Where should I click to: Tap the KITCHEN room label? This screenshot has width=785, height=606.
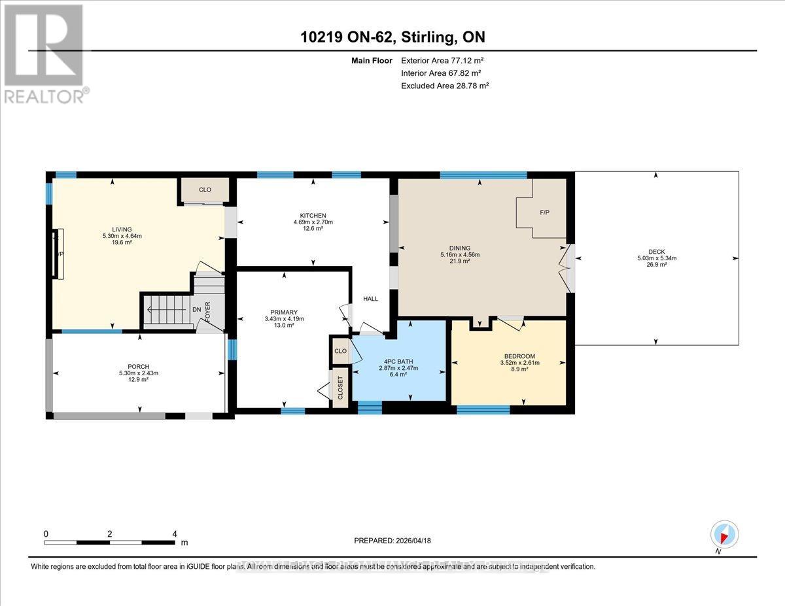click(x=313, y=215)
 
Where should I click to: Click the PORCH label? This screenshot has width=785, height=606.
click(x=139, y=366)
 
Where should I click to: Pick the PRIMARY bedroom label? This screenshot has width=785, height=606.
click(x=284, y=312)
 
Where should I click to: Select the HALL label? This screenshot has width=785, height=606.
click(x=371, y=299)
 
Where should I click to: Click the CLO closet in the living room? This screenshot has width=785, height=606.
click(x=205, y=190)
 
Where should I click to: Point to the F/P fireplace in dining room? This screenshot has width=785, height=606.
click(x=544, y=212)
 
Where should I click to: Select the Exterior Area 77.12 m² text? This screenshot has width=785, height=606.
click(x=442, y=60)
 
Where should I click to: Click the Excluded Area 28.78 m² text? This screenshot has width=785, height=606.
click(x=445, y=86)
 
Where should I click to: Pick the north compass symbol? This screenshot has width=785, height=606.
click(x=724, y=535)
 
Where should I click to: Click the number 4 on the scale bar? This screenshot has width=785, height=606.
click(x=175, y=533)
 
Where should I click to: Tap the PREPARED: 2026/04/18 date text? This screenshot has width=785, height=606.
click(x=392, y=541)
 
